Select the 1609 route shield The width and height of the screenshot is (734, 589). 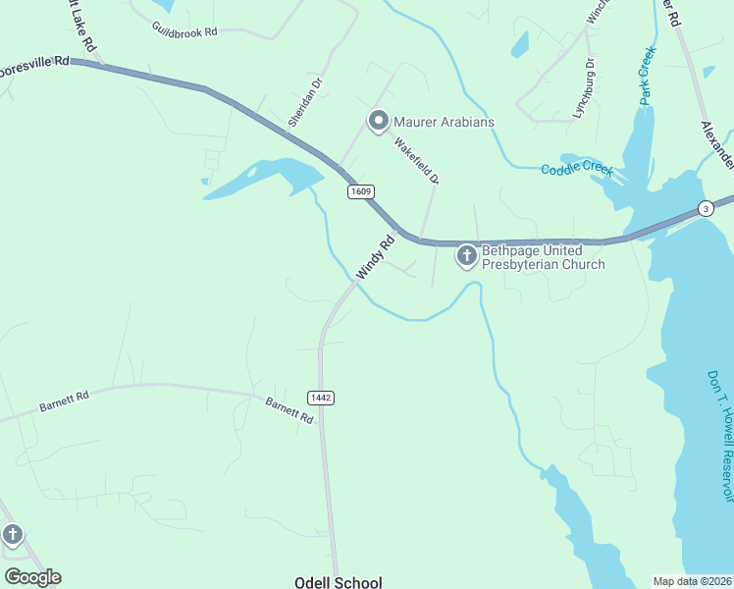[359, 192]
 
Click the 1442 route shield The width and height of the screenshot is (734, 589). [321, 398]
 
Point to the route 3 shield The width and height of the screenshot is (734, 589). [705, 208]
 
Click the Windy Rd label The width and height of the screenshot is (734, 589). [375, 256]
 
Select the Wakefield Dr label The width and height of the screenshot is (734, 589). [416, 160]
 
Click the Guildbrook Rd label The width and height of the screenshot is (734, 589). [184, 31]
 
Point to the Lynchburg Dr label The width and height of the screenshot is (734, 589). [584, 88]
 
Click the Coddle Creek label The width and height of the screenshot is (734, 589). [577, 169]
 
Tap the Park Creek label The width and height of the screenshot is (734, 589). [647, 75]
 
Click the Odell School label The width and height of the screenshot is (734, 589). [338, 582]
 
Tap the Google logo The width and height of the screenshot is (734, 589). [32, 577]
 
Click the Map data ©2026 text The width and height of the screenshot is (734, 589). [693, 581]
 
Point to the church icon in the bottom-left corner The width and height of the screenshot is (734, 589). [12, 535]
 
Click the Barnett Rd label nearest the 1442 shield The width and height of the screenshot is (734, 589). [288, 409]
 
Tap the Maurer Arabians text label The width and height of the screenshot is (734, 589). [444, 122]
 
